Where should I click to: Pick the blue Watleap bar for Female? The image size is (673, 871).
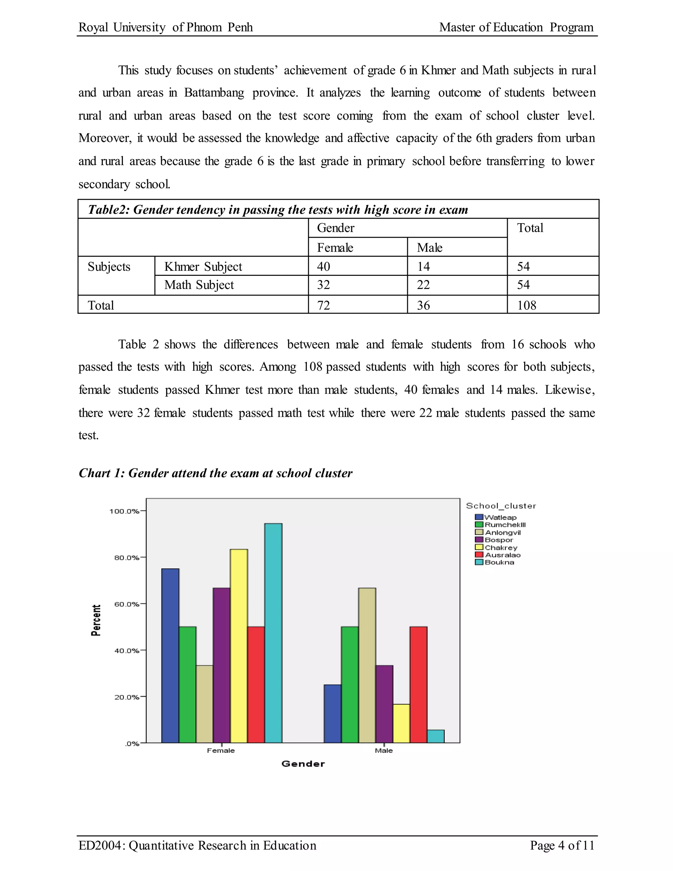[170, 656]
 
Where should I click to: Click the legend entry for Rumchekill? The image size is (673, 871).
[505, 525]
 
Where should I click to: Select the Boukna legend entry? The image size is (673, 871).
[499, 562]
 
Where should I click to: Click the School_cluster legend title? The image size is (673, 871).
[501, 506]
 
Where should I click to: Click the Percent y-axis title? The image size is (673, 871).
[96, 620]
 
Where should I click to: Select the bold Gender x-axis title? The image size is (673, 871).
[303, 764]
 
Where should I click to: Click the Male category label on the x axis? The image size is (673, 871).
[383, 751]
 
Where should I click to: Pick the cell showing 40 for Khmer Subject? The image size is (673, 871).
[323, 267]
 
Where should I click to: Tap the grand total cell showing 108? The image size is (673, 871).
[526, 305]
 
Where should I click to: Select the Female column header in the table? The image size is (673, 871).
[335, 248]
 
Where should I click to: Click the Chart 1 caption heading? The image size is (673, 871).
[215, 473]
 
